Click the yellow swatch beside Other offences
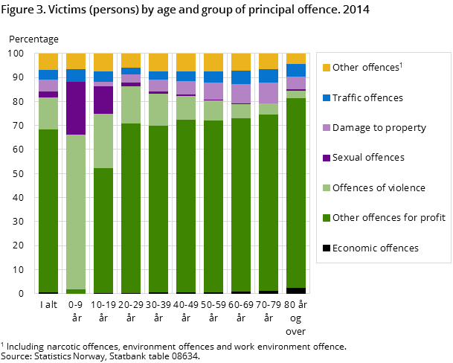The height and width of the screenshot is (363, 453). (x=326, y=68)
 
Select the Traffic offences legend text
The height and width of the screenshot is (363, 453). (x=367, y=98)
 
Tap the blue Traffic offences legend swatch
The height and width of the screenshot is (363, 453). (x=326, y=98)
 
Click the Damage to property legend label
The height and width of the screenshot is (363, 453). (x=379, y=128)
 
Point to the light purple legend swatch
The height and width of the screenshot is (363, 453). (x=326, y=128)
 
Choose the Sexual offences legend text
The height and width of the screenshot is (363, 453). (x=368, y=158)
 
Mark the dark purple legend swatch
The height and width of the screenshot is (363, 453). (x=326, y=158)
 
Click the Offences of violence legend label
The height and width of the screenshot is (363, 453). (x=379, y=187)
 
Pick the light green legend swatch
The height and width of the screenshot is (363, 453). (x=326, y=188)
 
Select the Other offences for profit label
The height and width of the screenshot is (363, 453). (x=388, y=218)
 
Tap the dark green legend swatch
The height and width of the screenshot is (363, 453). (x=326, y=218)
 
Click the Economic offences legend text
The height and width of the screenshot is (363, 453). (x=375, y=248)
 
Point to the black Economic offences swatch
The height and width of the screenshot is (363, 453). (x=326, y=248)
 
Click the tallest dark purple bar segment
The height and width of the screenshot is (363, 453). (x=76, y=108)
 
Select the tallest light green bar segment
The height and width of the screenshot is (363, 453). (x=76, y=212)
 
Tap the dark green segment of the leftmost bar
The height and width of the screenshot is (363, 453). (x=48, y=211)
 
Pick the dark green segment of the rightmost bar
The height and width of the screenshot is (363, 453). (x=296, y=193)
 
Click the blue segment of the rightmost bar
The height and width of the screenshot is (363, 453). (x=296, y=70)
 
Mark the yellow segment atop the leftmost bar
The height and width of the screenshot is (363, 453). (x=48, y=61)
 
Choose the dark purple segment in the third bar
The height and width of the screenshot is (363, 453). (x=103, y=100)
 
